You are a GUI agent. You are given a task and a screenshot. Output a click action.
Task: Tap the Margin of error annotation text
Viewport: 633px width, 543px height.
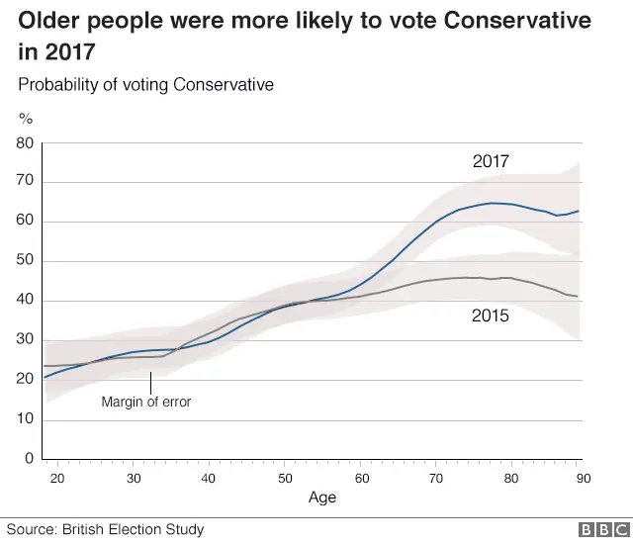point(146,402)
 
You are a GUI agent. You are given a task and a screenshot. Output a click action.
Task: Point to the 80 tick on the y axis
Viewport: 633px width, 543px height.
point(25,143)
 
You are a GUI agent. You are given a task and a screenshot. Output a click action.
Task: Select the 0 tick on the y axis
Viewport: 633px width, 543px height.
point(30,459)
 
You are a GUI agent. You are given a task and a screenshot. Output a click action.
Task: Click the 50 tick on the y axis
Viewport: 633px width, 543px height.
point(25,262)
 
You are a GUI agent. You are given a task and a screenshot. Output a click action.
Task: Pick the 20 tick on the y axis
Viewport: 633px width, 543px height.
point(25,380)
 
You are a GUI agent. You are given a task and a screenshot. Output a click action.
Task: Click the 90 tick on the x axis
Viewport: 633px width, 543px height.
point(584,479)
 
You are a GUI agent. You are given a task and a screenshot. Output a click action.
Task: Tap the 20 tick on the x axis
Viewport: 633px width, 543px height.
point(57,479)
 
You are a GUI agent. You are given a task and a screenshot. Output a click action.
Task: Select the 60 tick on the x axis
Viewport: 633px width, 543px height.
point(360,479)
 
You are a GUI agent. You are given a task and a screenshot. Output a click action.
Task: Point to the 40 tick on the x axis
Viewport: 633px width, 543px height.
point(209,479)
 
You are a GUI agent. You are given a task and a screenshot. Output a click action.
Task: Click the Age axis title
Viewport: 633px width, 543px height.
point(321,498)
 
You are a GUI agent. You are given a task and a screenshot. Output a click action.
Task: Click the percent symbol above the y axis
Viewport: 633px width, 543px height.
point(26,119)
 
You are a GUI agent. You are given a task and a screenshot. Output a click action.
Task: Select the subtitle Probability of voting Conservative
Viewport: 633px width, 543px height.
point(145,85)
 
